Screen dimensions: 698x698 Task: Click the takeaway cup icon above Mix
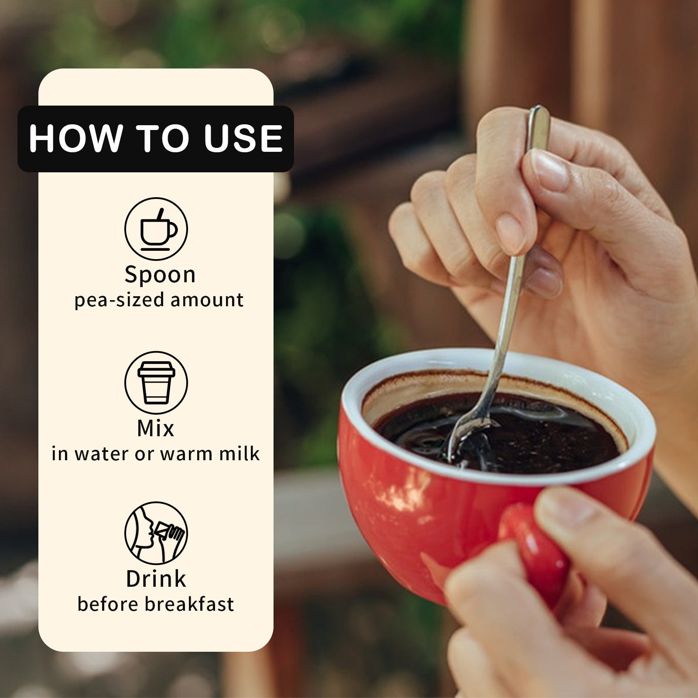click(x=156, y=383)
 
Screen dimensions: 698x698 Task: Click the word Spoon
click(x=160, y=275)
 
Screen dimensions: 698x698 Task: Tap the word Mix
click(x=156, y=428)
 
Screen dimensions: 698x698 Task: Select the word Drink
click(x=156, y=579)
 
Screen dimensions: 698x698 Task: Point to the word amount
click(x=207, y=300)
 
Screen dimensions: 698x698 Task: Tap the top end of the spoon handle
click(x=539, y=108)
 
